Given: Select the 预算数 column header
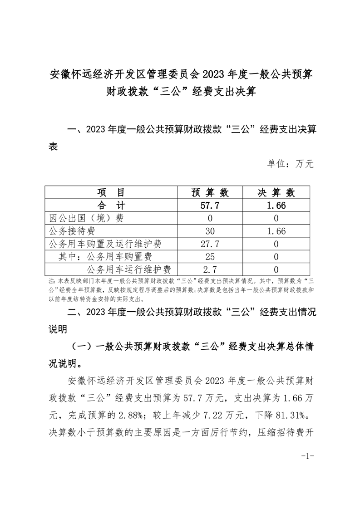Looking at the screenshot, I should [x=210, y=192].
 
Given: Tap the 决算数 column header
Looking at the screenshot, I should [x=276, y=192].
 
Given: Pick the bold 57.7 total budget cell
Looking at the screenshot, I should [x=210, y=206].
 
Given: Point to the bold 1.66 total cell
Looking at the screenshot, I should [x=276, y=206].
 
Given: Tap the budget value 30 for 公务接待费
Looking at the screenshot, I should [x=210, y=231].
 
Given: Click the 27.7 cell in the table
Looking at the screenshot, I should [x=210, y=245].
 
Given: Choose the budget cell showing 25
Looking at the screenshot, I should [x=210, y=257].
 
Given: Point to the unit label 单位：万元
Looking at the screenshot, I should [x=291, y=164].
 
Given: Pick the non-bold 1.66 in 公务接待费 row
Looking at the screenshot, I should [x=276, y=231].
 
